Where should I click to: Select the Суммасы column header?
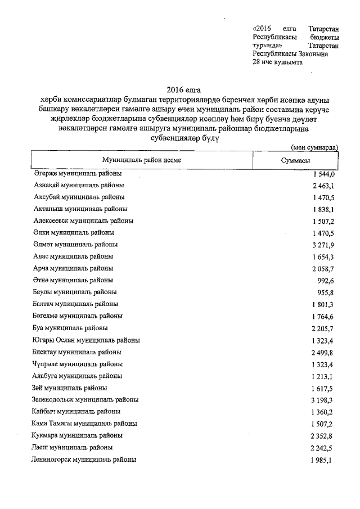pyautogui.click(x=296, y=160)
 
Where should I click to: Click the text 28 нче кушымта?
pyautogui.click(x=278, y=63)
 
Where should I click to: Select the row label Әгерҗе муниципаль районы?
pyautogui.click(x=78, y=173)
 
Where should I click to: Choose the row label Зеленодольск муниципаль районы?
pyautogui.click(x=86, y=400)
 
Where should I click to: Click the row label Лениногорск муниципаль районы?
pyautogui.click(x=84, y=460)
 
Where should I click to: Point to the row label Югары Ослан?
pyautogui.click(x=87, y=340)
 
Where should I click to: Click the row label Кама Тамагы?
pyautogui.click(x=85, y=424)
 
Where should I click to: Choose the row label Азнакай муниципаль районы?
pyautogui.click(x=79, y=185)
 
